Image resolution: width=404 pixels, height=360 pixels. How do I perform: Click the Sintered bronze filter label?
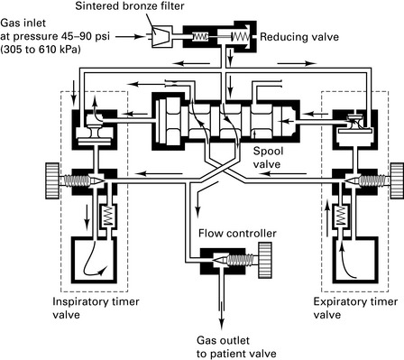[x=130, y=6]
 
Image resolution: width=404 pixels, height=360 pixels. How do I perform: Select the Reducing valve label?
[x=299, y=37]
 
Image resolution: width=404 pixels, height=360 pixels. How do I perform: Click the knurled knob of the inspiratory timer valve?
[x=52, y=180]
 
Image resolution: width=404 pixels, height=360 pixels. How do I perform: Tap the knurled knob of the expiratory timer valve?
[x=397, y=180]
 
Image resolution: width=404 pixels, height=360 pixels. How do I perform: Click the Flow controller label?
[x=237, y=234]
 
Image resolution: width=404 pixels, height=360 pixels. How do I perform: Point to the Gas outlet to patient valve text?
[x=236, y=347]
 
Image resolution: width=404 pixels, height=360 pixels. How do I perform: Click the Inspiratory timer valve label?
[x=96, y=308]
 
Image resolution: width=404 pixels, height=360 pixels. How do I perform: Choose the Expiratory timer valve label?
[x=355, y=308]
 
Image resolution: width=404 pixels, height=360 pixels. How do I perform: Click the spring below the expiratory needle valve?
[x=340, y=216]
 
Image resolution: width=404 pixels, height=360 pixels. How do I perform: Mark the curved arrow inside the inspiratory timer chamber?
[x=91, y=262]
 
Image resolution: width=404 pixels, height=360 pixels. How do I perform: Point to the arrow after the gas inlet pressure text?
[x=131, y=37]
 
